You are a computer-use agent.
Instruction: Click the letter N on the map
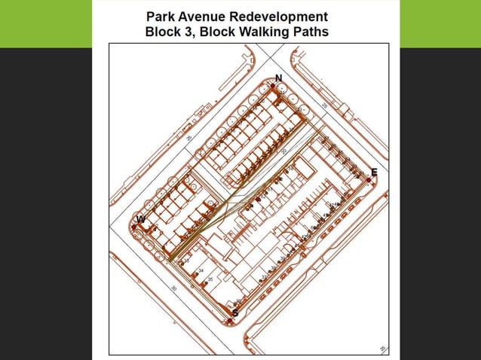point(278,78)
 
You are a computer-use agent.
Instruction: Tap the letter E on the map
point(374,172)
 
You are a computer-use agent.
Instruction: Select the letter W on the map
point(140,219)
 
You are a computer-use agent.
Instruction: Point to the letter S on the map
point(235,313)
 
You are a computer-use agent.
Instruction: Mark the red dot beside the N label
point(272,87)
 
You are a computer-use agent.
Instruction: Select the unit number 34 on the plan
point(201,270)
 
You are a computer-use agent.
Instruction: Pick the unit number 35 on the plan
point(210,279)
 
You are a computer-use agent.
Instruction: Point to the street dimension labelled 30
point(173,288)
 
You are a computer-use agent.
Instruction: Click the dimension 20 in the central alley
point(283,151)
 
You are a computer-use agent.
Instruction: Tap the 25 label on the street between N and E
point(323,105)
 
